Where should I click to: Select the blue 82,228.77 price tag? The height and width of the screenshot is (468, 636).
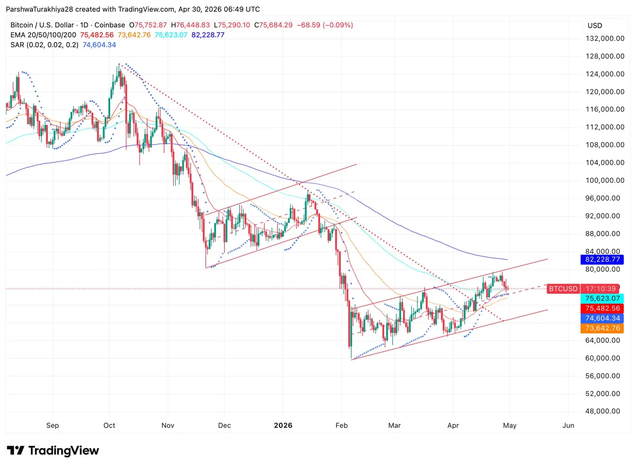click(x=603, y=259)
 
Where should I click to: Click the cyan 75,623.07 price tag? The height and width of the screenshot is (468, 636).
click(x=603, y=298)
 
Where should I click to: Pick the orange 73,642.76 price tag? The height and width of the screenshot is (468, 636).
click(x=603, y=328)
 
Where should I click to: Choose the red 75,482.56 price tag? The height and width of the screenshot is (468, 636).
click(x=603, y=308)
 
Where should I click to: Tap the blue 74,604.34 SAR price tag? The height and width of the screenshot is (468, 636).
click(x=603, y=318)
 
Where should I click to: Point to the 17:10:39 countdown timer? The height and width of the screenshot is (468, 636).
click(x=600, y=289)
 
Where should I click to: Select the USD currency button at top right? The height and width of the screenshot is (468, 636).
click(x=595, y=25)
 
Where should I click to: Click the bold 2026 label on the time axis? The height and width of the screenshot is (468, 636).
click(x=283, y=425)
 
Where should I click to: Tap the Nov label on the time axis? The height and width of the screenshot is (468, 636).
click(x=167, y=425)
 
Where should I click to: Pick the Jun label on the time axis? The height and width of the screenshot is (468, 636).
click(x=568, y=425)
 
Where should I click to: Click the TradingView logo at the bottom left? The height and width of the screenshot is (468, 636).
click(x=53, y=451)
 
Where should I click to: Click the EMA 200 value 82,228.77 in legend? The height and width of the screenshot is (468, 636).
click(x=204, y=35)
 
